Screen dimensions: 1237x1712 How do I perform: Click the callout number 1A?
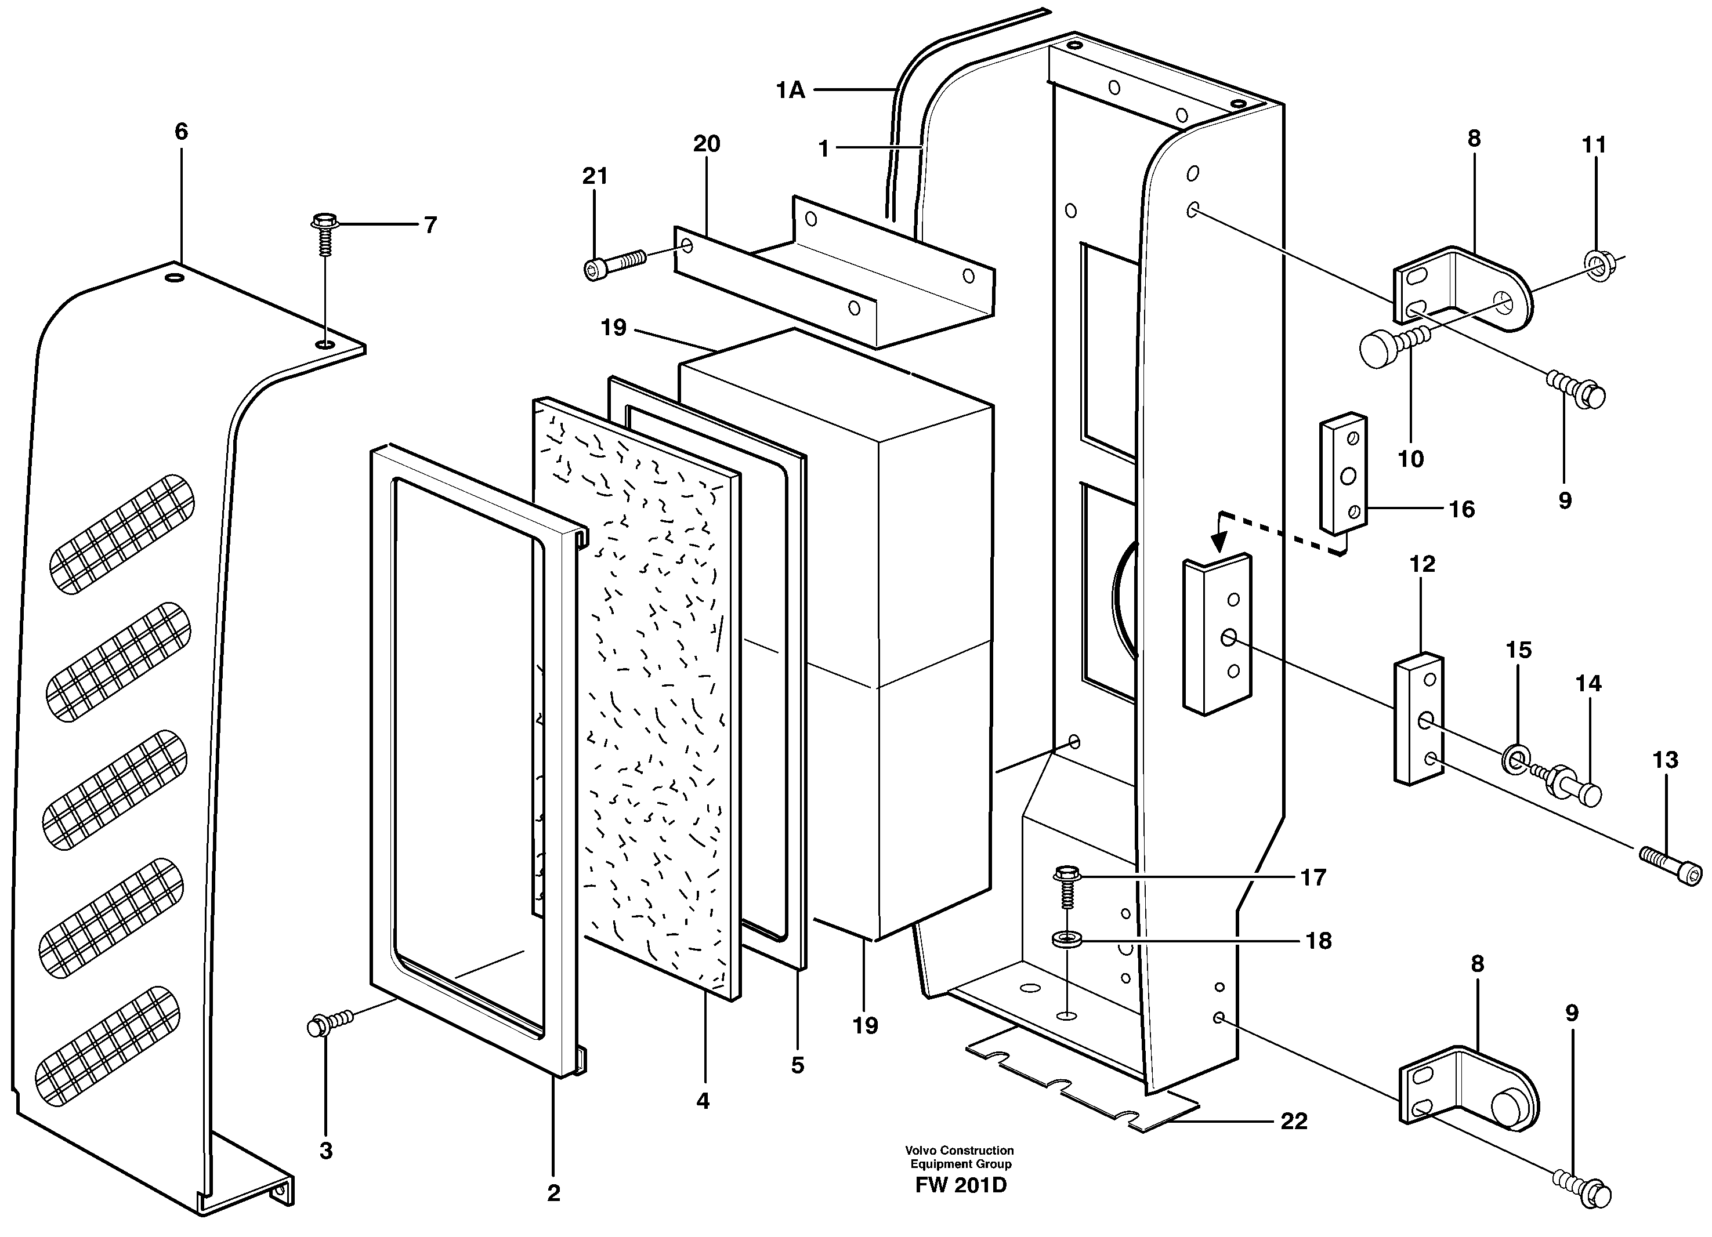tap(790, 90)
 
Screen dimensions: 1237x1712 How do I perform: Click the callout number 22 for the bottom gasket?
tap(1293, 1122)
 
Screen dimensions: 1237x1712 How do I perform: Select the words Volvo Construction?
tap(960, 1150)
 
